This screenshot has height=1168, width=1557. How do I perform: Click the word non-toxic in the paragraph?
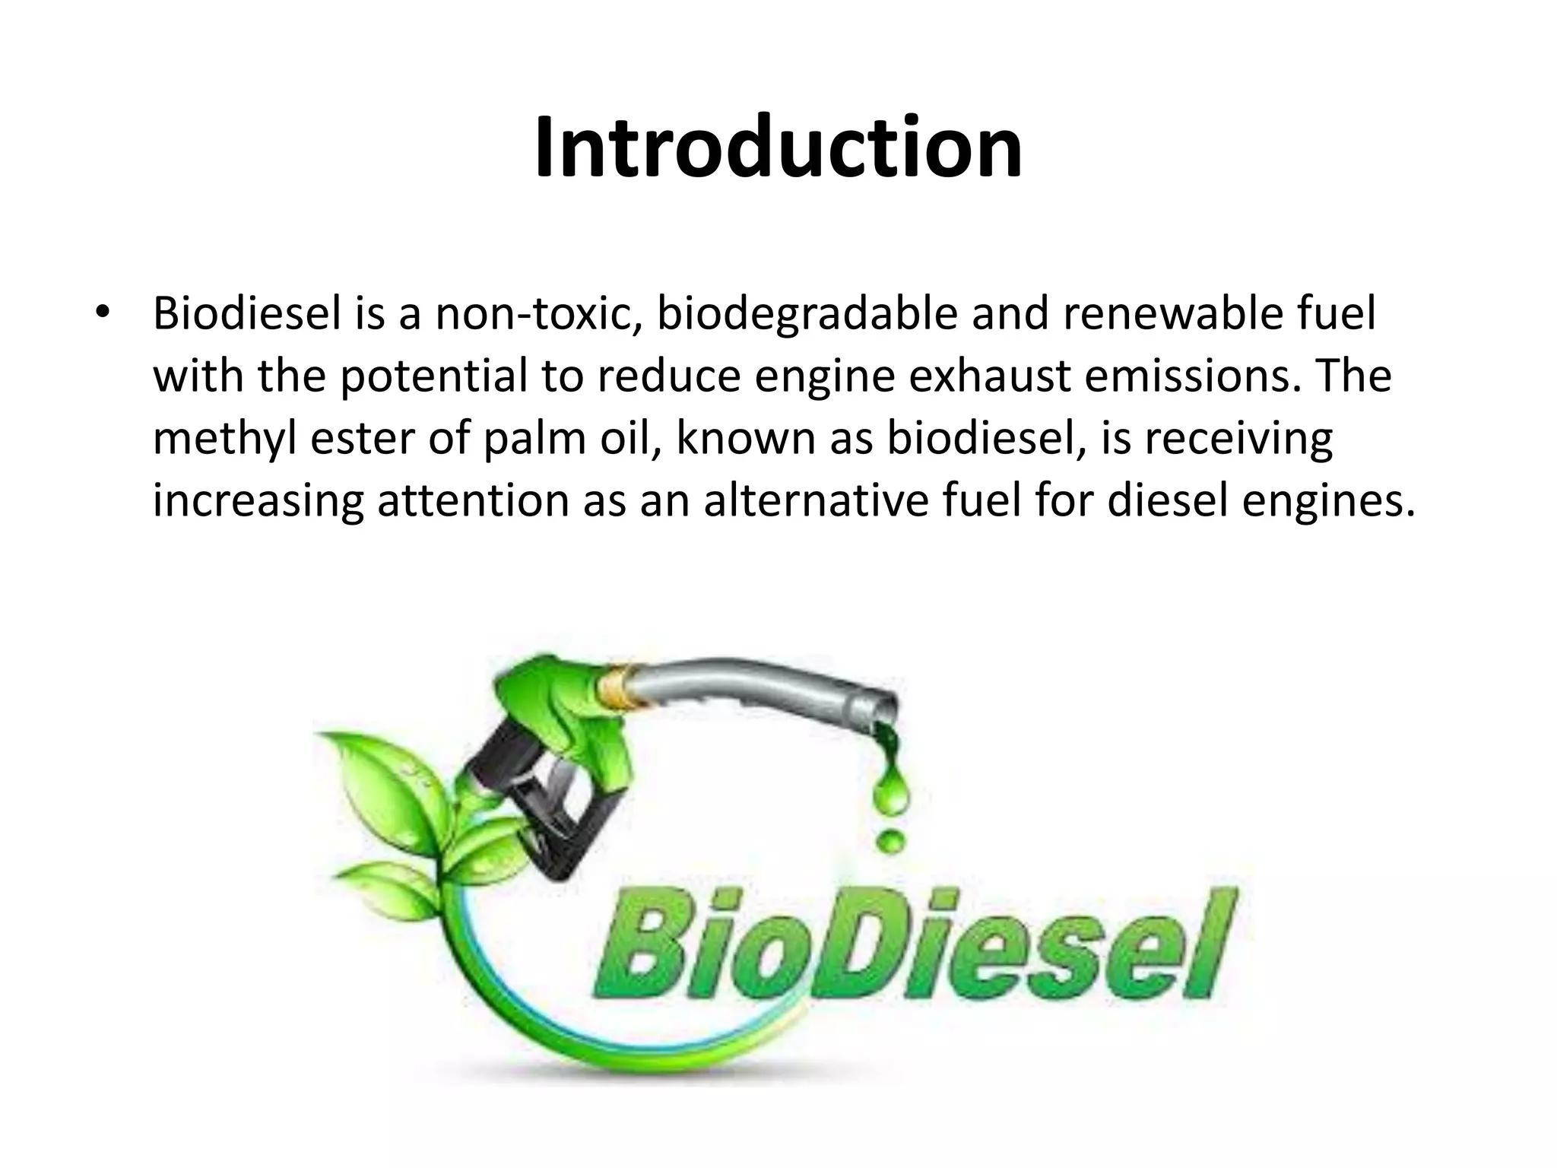(x=538, y=313)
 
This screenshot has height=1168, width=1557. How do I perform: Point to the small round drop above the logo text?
(x=891, y=841)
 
